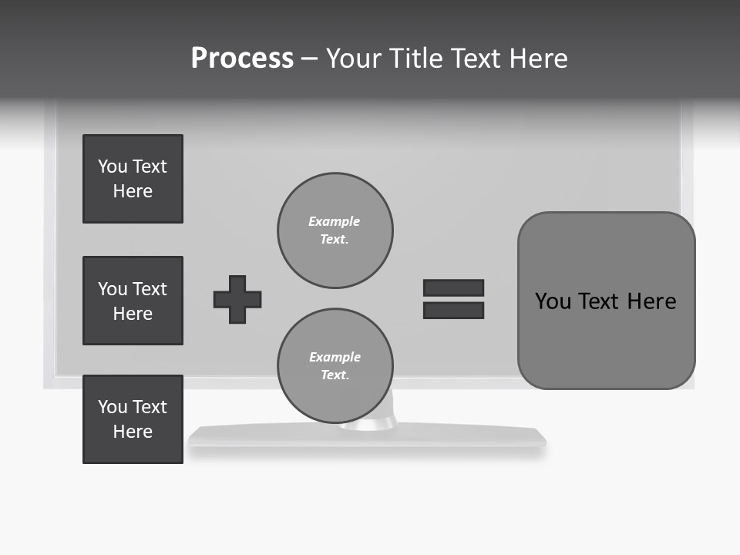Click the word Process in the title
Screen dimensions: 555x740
[x=242, y=58]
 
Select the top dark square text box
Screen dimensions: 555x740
[x=133, y=179]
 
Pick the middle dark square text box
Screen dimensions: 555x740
[x=133, y=301]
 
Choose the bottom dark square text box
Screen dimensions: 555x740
[x=133, y=419]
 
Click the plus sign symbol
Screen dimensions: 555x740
[x=237, y=299]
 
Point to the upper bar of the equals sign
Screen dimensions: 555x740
[x=453, y=288]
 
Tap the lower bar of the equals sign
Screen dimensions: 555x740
[x=453, y=311]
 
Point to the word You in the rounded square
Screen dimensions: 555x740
[x=553, y=301]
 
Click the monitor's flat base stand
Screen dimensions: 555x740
[x=462, y=437]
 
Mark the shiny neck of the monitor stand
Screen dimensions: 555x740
[x=378, y=420]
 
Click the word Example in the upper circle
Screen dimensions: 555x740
[x=334, y=221]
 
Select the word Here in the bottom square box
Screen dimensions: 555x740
[x=133, y=432]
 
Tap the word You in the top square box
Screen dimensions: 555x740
[x=113, y=166]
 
